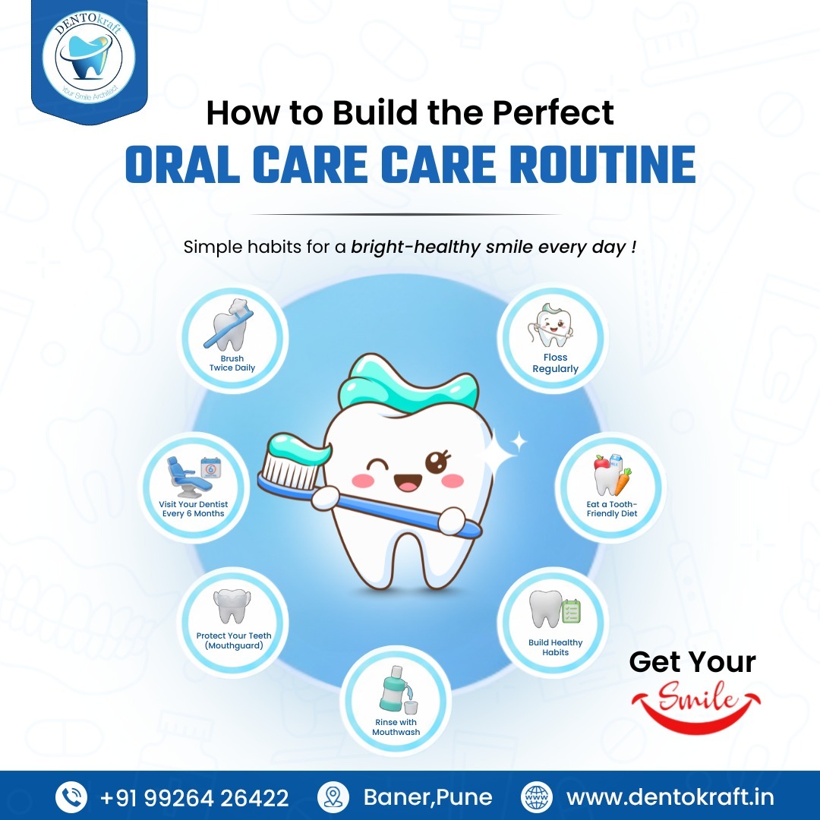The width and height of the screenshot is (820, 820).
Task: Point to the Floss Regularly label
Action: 555,363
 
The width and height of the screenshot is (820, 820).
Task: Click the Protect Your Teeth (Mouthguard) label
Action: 233,641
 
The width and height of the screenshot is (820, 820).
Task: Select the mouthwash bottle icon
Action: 393,692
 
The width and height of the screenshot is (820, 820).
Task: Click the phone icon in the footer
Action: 72,797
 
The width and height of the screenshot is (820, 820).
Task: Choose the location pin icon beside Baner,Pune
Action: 331,797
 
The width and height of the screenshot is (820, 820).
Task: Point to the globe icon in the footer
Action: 537,797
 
